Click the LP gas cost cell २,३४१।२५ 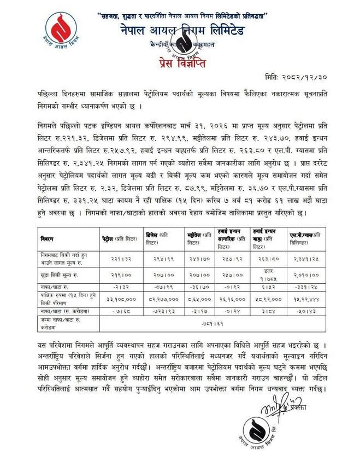(x=305, y=257)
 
